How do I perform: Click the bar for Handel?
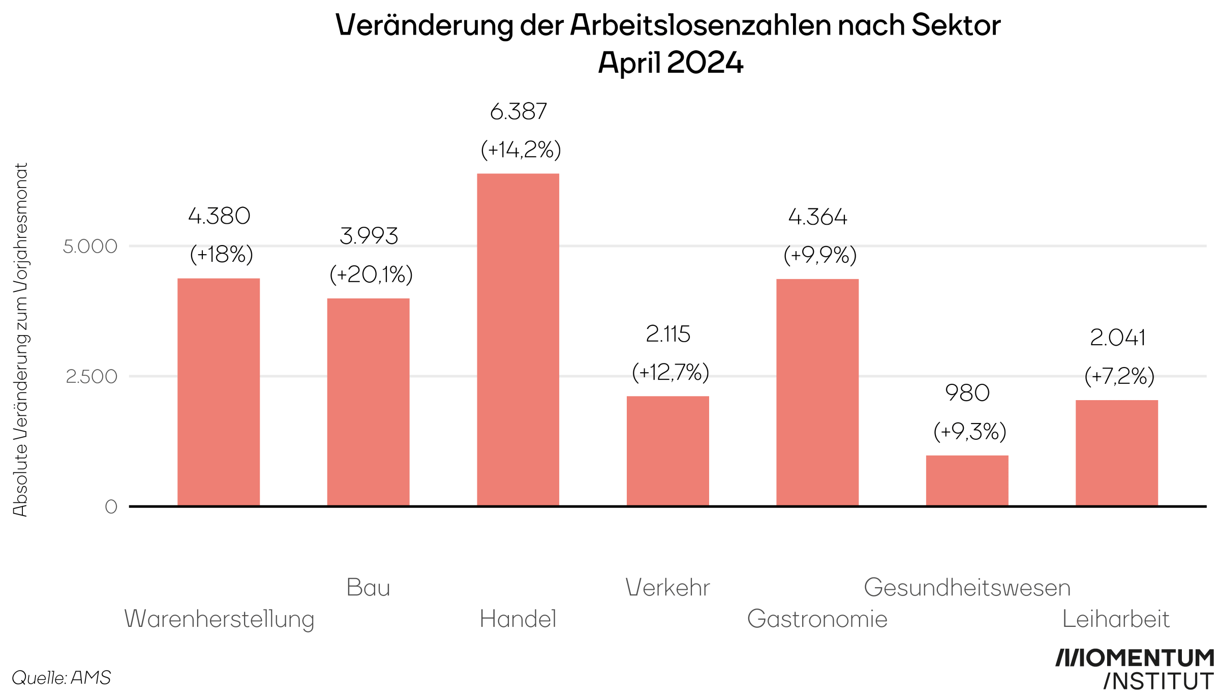pos(517,340)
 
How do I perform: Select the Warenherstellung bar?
pos(219,392)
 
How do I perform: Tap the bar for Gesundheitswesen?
pos(967,480)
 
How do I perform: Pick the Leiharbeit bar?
pos(1116,453)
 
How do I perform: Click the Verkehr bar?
pos(667,451)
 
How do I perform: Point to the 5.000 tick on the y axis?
pos(90,247)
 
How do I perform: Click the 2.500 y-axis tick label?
pos(91,377)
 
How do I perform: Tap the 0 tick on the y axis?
pos(111,507)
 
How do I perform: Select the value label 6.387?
pos(518,112)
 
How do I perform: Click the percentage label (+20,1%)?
pos(371,275)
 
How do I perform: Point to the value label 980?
pos(967,393)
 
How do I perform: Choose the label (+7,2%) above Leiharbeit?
pos(1119,376)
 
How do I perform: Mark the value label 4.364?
pos(817,217)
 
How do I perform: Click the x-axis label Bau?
pos(368,588)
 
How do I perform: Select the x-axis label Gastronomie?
pos(817,619)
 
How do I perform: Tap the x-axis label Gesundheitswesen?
pos(967,588)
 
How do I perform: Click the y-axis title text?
pos(20,340)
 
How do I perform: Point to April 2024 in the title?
pos(670,63)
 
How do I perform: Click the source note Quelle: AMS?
pos(61,678)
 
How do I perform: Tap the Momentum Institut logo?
pos(1135,670)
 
